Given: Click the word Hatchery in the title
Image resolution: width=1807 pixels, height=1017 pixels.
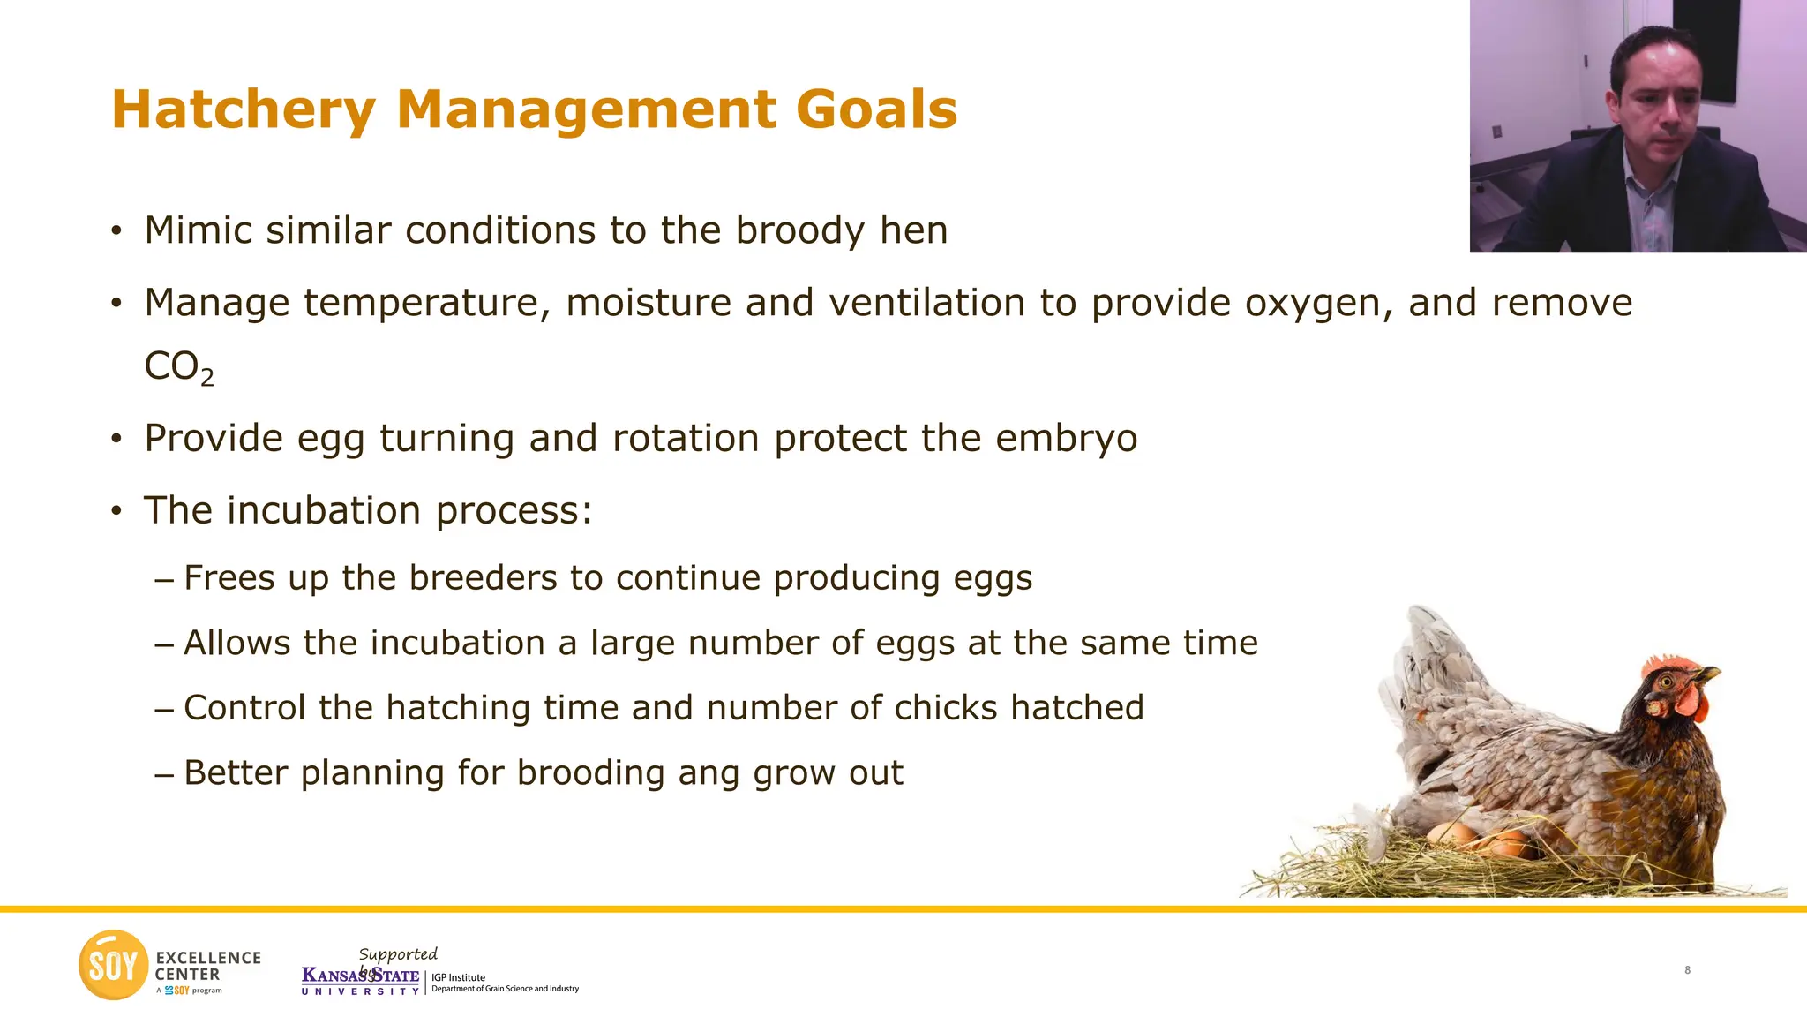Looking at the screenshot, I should (x=244, y=110).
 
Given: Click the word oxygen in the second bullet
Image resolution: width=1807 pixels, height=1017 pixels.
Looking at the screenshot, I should (x=1318, y=303).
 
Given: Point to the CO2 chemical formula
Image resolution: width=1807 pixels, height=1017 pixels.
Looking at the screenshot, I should (x=178, y=367).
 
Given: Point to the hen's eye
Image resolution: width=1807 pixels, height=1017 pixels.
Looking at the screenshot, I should (x=1666, y=682).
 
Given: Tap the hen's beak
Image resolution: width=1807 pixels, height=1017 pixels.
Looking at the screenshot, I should (x=1708, y=676).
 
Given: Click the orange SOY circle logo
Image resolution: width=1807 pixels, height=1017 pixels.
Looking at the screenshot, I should (x=113, y=965).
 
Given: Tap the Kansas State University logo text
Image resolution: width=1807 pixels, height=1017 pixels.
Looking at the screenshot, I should (x=360, y=980).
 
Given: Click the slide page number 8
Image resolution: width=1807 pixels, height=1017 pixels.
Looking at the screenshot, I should (x=1687, y=970).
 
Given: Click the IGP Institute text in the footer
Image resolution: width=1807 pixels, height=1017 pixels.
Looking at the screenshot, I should (x=458, y=977).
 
